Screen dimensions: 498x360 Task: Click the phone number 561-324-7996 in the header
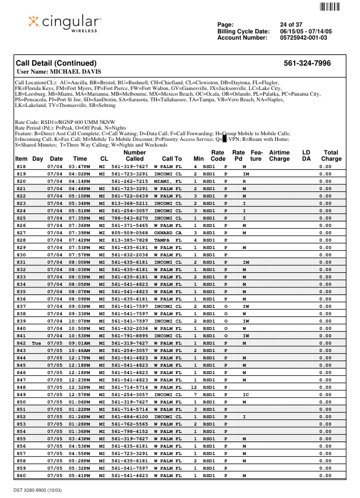point(307,63)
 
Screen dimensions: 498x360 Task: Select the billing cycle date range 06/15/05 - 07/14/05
point(308,31)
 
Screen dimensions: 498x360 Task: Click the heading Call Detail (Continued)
point(56,63)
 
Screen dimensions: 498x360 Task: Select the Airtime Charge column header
point(279,156)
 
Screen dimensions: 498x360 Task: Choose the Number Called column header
point(135,156)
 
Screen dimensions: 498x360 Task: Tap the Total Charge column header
point(331,156)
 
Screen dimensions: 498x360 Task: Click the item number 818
point(22,167)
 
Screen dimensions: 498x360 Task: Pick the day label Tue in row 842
point(37,344)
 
